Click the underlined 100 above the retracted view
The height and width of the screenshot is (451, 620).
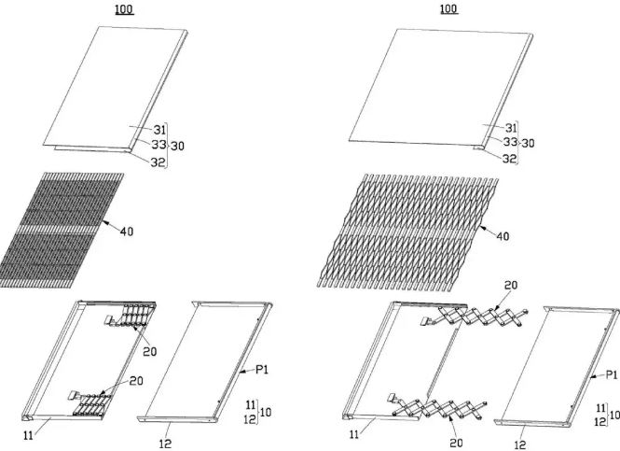[125, 9]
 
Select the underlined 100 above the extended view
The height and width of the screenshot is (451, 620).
[448, 8]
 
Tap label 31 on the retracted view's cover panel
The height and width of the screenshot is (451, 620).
[159, 130]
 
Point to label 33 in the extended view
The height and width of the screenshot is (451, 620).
[510, 141]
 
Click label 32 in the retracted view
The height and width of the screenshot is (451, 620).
[158, 162]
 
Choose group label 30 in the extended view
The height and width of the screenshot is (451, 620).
[528, 143]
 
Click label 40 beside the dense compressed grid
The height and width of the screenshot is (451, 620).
[127, 232]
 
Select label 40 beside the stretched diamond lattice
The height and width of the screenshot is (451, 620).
[503, 236]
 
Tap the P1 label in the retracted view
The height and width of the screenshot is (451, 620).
[262, 370]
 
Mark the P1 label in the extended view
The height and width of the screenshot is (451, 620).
[612, 374]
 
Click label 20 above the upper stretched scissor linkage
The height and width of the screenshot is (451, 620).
[511, 285]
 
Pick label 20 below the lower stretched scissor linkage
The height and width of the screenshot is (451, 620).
[456, 443]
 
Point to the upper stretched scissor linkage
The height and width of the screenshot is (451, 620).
[475, 317]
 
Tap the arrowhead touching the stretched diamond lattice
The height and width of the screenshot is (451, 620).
[481, 227]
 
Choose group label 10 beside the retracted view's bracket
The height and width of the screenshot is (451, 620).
[266, 412]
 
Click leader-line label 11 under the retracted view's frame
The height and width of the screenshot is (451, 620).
[28, 435]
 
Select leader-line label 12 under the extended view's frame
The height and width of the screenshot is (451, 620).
[520, 444]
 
